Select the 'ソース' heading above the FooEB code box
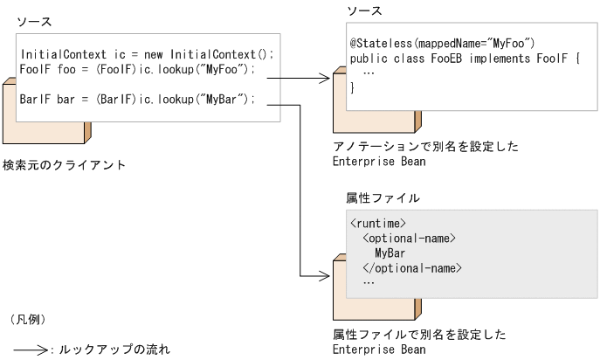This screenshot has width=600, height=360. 364,10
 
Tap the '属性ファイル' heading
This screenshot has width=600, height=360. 369,199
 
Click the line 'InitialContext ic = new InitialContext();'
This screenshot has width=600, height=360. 147,54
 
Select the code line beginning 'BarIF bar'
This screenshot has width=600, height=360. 137,98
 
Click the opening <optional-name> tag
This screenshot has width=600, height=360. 410,239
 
